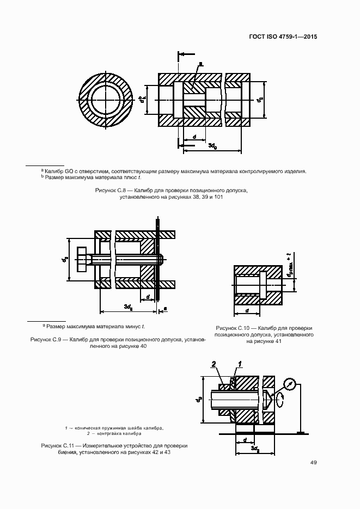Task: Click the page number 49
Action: click(x=314, y=463)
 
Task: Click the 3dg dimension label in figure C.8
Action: click(x=212, y=146)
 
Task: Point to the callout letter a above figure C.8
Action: click(x=200, y=64)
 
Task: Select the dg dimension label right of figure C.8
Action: click(x=261, y=100)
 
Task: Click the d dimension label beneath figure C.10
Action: click(x=247, y=310)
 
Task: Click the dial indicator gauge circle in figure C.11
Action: click(x=291, y=385)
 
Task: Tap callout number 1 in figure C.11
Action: click(x=240, y=364)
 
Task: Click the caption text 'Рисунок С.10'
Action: click(x=233, y=328)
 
